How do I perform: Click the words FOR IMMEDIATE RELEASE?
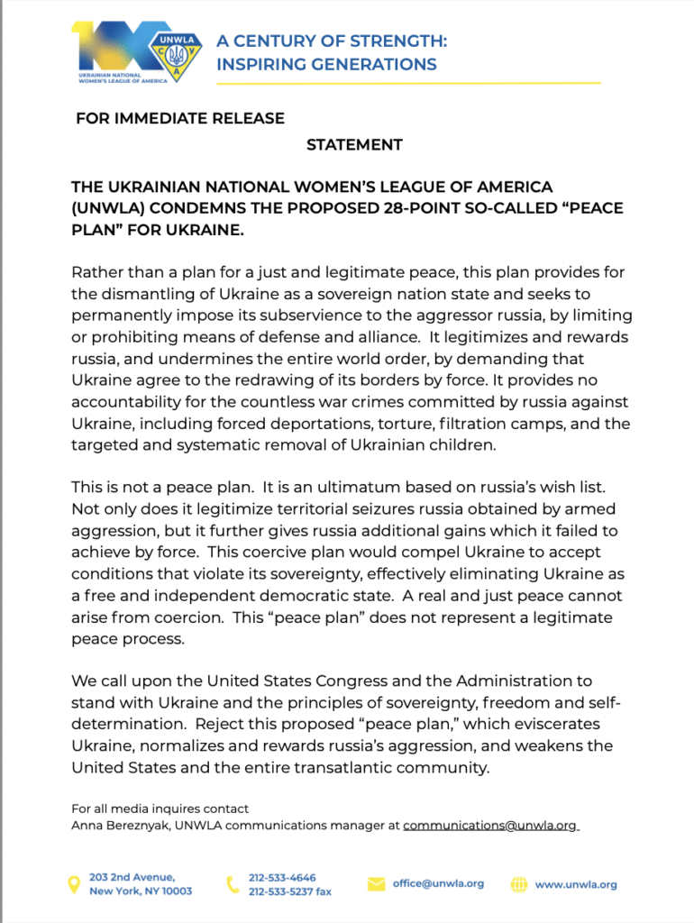coord(179,118)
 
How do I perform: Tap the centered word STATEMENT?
coord(354,144)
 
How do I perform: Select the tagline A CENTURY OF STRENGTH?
coord(332,41)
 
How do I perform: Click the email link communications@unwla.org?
coord(489,825)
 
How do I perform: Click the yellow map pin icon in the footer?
coord(75,884)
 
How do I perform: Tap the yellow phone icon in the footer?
coord(232,884)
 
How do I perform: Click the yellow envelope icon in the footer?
coord(376,884)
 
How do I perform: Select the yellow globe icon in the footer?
coord(519,884)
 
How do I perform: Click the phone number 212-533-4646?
coord(282,877)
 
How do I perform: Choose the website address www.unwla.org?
coord(576,884)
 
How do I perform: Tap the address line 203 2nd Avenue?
coord(132,877)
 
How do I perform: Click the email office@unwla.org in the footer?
coord(438,883)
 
